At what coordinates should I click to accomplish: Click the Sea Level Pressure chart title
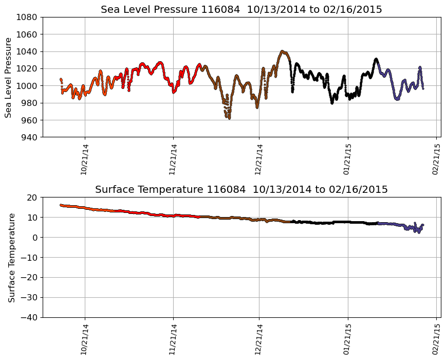(x=241, y=10)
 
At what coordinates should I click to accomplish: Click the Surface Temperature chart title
(x=241, y=190)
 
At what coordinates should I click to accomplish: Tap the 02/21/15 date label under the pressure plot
(x=436, y=159)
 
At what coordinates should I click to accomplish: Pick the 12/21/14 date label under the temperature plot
(x=259, y=339)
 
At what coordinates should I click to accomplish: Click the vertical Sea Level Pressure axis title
(x=9, y=77)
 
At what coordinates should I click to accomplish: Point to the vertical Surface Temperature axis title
(x=11, y=257)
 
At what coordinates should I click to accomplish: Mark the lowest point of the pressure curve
(x=229, y=118)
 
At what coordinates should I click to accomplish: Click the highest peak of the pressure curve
(x=282, y=51)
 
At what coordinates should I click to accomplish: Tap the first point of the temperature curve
(x=61, y=205)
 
